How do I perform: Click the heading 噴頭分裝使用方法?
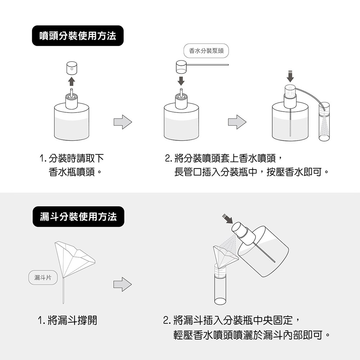coord(78,36)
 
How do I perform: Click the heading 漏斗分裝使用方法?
coord(78,217)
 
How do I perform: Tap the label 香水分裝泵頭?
coord(206,51)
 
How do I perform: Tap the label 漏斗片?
coord(43,278)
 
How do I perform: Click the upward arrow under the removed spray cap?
coord(71,81)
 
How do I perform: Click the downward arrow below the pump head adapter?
coord(181,80)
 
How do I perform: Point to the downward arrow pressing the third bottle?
coord(291,76)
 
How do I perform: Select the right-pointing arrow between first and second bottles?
coord(123,122)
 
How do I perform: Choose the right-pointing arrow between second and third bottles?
coord(237,122)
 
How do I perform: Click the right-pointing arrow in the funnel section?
coord(123,284)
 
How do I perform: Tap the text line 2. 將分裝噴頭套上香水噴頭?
coord(226,158)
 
